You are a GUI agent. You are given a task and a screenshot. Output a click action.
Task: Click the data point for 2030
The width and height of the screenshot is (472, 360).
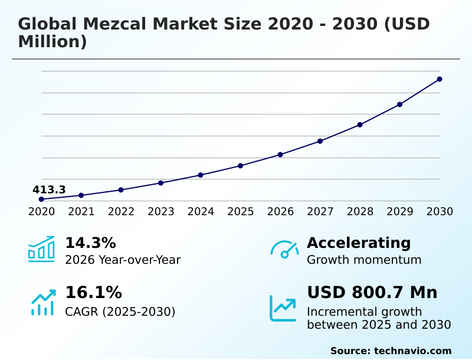pyautogui.click(x=440, y=79)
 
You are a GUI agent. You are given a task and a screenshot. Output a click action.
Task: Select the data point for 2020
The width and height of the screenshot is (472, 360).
pyautogui.click(x=41, y=199)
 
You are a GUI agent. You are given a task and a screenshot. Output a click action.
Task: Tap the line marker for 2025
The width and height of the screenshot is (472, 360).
pyautogui.click(x=240, y=166)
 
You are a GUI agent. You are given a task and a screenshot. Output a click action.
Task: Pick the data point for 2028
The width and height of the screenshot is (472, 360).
pyautogui.click(x=360, y=125)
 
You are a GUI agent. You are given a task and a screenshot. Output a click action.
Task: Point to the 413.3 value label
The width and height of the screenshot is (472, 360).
pyautogui.click(x=49, y=190)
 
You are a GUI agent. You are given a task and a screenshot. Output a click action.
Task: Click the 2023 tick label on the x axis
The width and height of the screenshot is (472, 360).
pyautogui.click(x=161, y=212)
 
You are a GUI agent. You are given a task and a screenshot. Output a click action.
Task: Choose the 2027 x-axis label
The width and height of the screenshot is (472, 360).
pyautogui.click(x=320, y=212)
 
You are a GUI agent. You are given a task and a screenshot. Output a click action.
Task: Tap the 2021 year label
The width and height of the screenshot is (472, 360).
pyautogui.click(x=81, y=212)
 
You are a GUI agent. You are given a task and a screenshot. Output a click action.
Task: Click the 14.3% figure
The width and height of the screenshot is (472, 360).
pyautogui.click(x=90, y=243)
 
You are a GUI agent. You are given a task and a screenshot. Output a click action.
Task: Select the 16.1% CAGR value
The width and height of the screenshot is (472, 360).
pyautogui.click(x=93, y=293)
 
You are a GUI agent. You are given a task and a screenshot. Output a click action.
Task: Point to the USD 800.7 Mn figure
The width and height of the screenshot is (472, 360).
pyautogui.click(x=372, y=293)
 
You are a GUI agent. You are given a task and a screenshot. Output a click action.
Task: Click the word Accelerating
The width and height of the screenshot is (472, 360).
pyautogui.click(x=359, y=243)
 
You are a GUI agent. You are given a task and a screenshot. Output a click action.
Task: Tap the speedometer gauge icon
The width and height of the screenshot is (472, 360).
pyautogui.click(x=284, y=250)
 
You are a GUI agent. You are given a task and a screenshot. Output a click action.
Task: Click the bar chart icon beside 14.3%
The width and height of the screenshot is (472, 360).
pyautogui.click(x=41, y=250)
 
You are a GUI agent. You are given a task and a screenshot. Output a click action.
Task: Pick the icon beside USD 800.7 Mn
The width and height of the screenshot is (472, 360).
pyautogui.click(x=283, y=308)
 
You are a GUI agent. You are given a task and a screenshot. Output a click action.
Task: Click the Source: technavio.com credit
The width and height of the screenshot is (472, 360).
pyautogui.click(x=391, y=351)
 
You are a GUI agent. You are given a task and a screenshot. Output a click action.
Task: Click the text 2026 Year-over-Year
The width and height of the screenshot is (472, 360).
pyautogui.click(x=123, y=260)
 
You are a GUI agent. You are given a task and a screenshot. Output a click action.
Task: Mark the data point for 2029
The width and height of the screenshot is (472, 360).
pyautogui.click(x=399, y=104)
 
